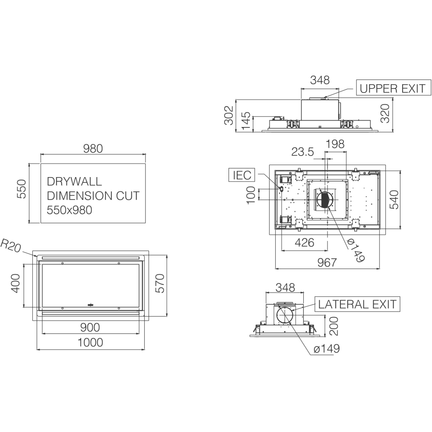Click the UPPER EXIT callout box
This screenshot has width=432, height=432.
pos(394,88)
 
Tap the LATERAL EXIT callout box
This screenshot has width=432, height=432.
pos(357,304)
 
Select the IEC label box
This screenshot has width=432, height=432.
pos(242,175)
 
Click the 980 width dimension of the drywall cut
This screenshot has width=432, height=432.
pos(93,149)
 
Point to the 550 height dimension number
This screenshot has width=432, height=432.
pos(22,189)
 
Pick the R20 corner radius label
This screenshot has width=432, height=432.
pos(11,246)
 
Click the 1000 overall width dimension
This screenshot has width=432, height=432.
pos(90,343)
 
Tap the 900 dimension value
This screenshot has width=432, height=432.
pos(90,327)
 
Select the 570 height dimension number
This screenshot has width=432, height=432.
pos(159,283)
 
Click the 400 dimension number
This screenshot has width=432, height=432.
pos(16,283)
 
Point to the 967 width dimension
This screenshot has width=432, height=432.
pos(327,263)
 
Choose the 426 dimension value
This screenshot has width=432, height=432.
pos(305,243)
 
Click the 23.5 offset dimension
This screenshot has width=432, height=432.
pos(302,152)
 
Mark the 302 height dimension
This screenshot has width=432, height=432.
pos(229,115)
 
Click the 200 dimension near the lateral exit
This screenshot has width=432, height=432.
pos(334,326)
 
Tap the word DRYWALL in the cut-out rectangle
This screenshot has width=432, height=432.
pos(74,181)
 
